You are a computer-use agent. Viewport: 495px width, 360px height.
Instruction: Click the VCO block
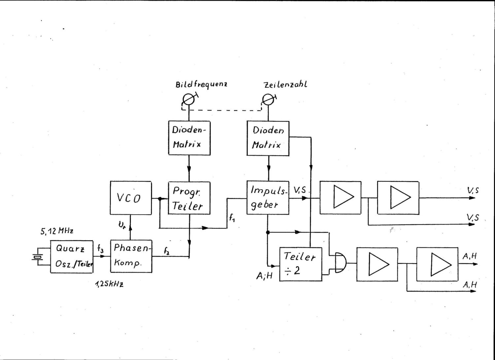(x=131, y=197)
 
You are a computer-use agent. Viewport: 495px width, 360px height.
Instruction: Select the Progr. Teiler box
(x=189, y=197)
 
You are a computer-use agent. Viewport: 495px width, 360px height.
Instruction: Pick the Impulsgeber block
(x=268, y=197)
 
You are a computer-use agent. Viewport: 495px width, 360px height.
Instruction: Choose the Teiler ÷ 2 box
(x=300, y=264)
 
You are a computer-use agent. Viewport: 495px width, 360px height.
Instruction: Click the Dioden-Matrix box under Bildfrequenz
(x=189, y=137)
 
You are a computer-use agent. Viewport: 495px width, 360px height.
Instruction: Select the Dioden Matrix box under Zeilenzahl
(x=268, y=137)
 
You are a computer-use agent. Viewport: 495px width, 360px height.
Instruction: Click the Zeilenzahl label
(x=285, y=84)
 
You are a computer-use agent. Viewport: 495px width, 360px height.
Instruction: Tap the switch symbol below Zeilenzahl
(x=268, y=99)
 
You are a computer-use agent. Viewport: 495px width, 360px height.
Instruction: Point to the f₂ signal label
(x=167, y=251)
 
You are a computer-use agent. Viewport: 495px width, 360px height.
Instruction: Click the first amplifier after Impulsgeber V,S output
(x=340, y=197)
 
